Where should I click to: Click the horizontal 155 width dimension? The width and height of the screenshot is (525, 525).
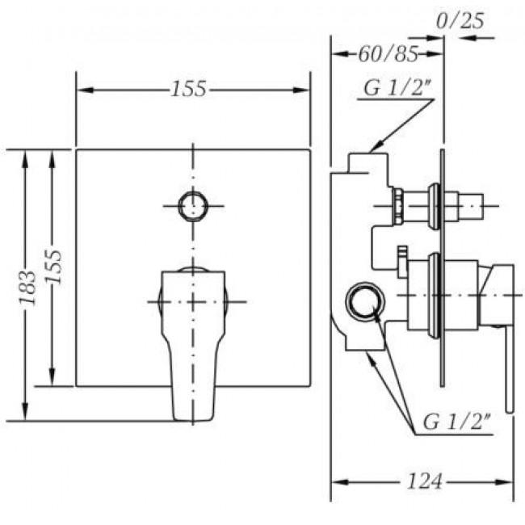[x=188, y=89]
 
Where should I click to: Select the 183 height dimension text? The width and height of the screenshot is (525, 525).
[x=27, y=288]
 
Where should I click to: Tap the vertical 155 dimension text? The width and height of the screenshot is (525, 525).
[x=53, y=267]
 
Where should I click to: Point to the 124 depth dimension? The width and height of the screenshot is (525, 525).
[x=424, y=481]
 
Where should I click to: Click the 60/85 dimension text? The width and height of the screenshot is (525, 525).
[x=388, y=54]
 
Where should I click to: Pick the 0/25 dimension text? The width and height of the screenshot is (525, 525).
[x=460, y=21]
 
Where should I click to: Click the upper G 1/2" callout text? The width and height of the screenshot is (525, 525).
[x=397, y=88]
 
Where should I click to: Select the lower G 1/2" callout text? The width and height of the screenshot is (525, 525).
[x=456, y=421]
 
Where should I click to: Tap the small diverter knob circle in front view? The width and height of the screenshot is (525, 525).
[x=193, y=206]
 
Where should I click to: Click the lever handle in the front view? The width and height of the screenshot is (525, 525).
[x=193, y=345]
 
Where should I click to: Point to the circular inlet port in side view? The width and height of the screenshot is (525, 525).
[x=365, y=300]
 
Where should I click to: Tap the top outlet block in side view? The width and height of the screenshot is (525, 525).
[x=367, y=162]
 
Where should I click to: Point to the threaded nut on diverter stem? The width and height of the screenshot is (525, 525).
[x=397, y=206]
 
